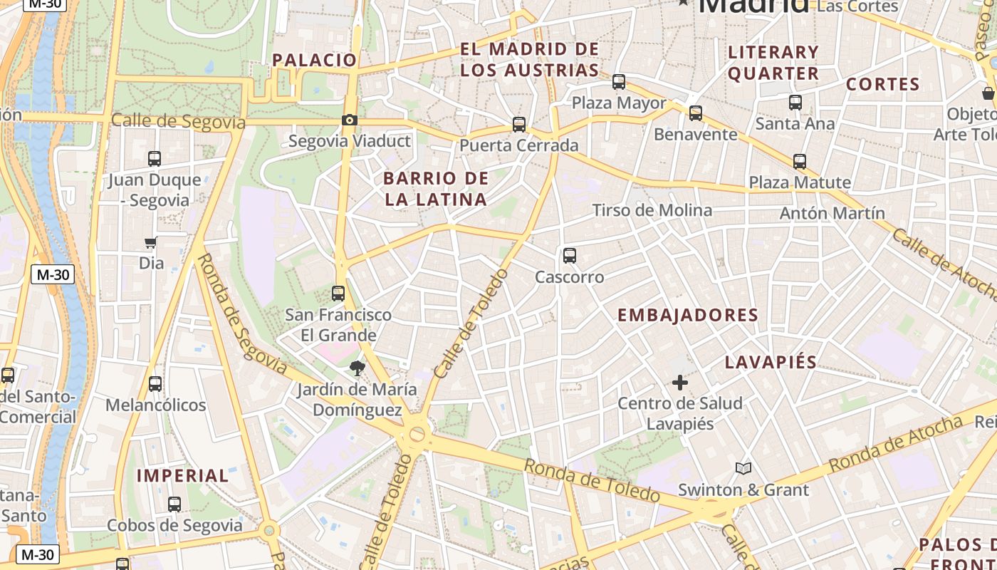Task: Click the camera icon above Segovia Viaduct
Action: [x=349, y=120]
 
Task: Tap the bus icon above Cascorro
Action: [x=569, y=255]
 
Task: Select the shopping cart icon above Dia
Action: [x=150, y=242]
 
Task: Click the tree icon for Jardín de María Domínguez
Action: [x=357, y=368]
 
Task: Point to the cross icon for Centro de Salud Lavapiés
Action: [x=680, y=383]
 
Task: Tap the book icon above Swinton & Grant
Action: [x=743, y=468]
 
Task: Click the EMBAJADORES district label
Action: [x=687, y=315]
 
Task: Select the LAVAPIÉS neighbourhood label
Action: [x=771, y=362]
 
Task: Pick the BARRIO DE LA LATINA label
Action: [x=436, y=189]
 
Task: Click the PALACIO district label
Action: [x=314, y=60]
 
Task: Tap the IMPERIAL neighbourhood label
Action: [x=182, y=475]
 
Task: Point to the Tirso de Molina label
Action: [x=652, y=210]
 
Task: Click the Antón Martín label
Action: [x=832, y=213]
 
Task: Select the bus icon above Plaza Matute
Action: [x=800, y=161]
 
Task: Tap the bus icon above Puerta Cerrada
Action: [x=519, y=125]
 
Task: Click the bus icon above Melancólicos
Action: [x=155, y=384]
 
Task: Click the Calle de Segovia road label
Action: [x=178, y=121]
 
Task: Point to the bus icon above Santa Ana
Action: [x=795, y=103]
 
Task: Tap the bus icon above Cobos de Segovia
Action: [x=174, y=504]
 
